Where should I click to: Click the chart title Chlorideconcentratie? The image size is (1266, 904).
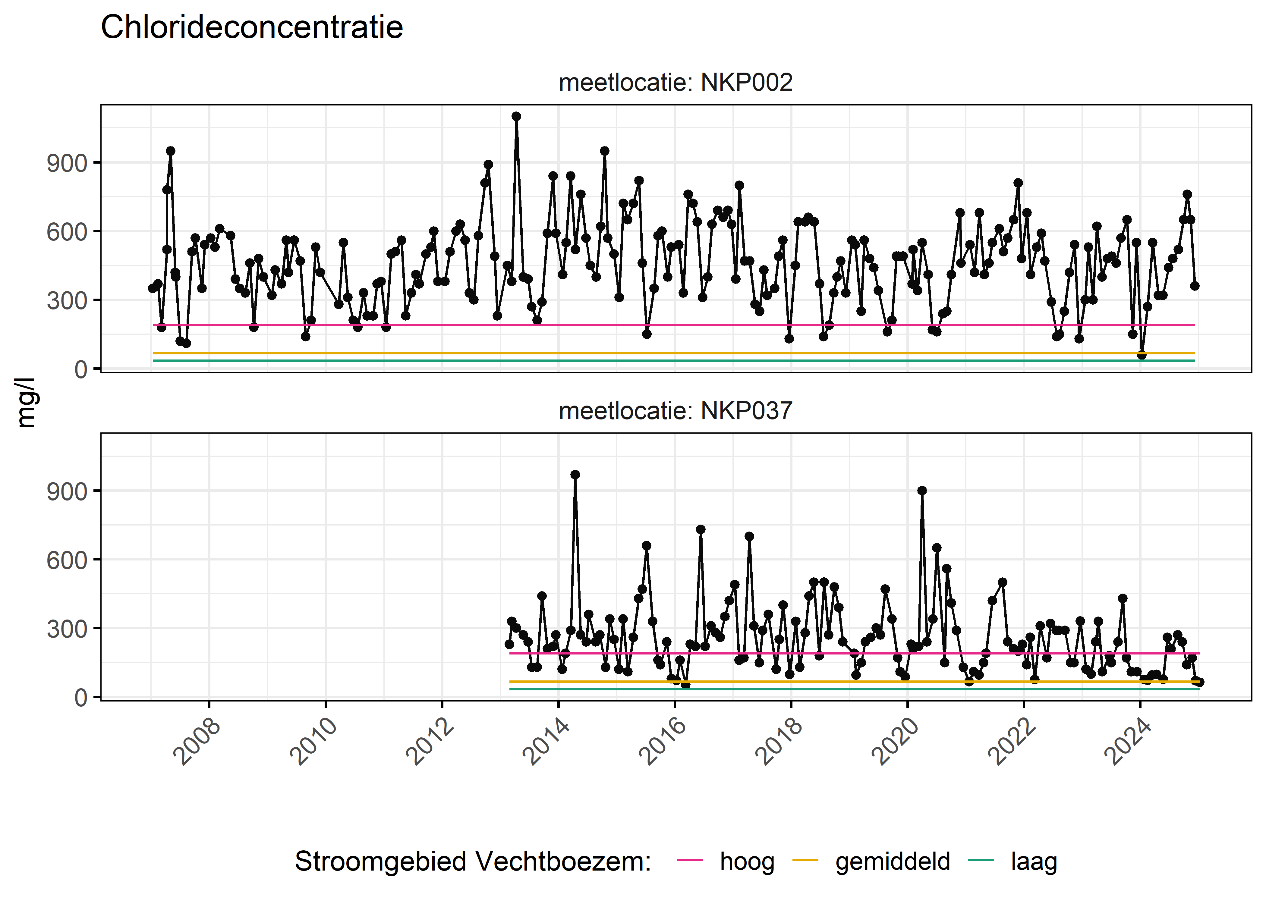coord(252,27)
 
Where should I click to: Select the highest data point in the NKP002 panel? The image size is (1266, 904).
coord(516,116)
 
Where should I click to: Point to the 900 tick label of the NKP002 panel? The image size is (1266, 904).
coord(67,164)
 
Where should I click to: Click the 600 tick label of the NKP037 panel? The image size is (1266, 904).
coord(67,560)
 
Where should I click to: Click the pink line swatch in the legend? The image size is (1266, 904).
coord(690,861)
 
